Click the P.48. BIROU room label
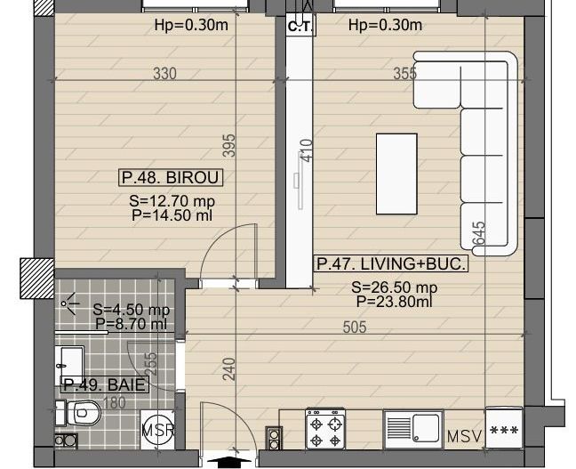point(171,178)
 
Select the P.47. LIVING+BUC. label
point(390,264)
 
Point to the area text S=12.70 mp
point(172,201)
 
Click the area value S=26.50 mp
point(394,287)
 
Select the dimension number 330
point(164,74)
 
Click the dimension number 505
point(355,327)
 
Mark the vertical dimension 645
point(479,234)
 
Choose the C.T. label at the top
point(298,27)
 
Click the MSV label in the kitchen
point(464,436)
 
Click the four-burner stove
point(325,429)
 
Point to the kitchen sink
point(413,429)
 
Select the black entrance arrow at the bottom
point(228,460)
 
